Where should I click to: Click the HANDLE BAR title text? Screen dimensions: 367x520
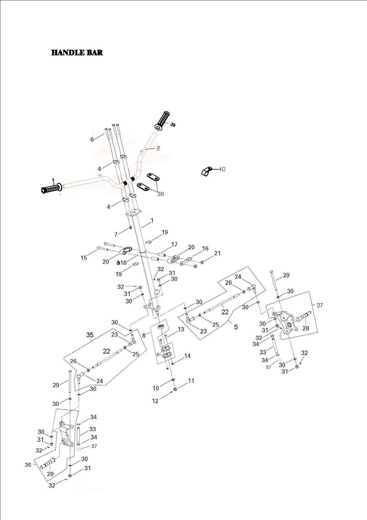point(77,53)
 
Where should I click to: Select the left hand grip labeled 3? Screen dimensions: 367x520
point(51,188)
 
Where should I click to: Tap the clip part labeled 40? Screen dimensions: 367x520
point(207,171)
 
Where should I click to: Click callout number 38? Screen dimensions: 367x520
point(160,194)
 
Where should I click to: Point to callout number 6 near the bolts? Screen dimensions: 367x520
point(92,139)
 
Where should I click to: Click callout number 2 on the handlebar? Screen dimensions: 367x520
point(158,148)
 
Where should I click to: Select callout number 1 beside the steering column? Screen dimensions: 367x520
point(152,221)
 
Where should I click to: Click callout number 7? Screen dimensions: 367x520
point(116,234)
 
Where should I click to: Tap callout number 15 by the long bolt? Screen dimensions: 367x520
point(84,258)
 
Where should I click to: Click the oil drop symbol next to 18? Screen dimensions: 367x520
point(118,262)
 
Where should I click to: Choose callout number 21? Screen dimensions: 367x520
point(218,253)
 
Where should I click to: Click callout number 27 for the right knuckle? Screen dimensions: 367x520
point(320,305)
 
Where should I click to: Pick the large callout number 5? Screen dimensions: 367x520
point(236,327)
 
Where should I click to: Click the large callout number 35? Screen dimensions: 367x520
point(90,335)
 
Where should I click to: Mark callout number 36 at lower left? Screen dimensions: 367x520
point(28,465)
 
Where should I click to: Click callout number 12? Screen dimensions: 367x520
point(155,401)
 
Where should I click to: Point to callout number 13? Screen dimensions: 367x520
point(181,329)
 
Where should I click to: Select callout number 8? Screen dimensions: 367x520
point(144,335)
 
